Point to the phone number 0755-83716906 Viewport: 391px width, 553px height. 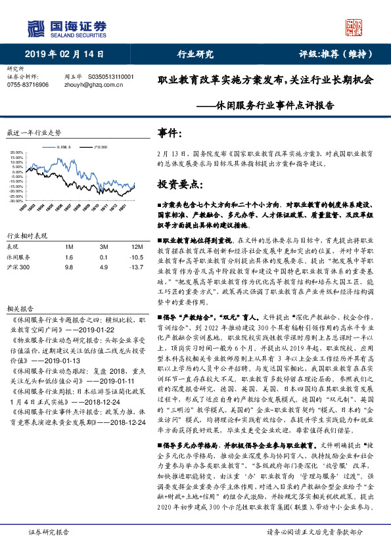tap(27, 85)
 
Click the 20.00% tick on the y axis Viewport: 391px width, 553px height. tap(16, 153)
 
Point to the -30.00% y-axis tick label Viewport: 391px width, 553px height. tap(16, 201)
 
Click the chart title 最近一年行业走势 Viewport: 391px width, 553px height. tap(33, 132)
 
